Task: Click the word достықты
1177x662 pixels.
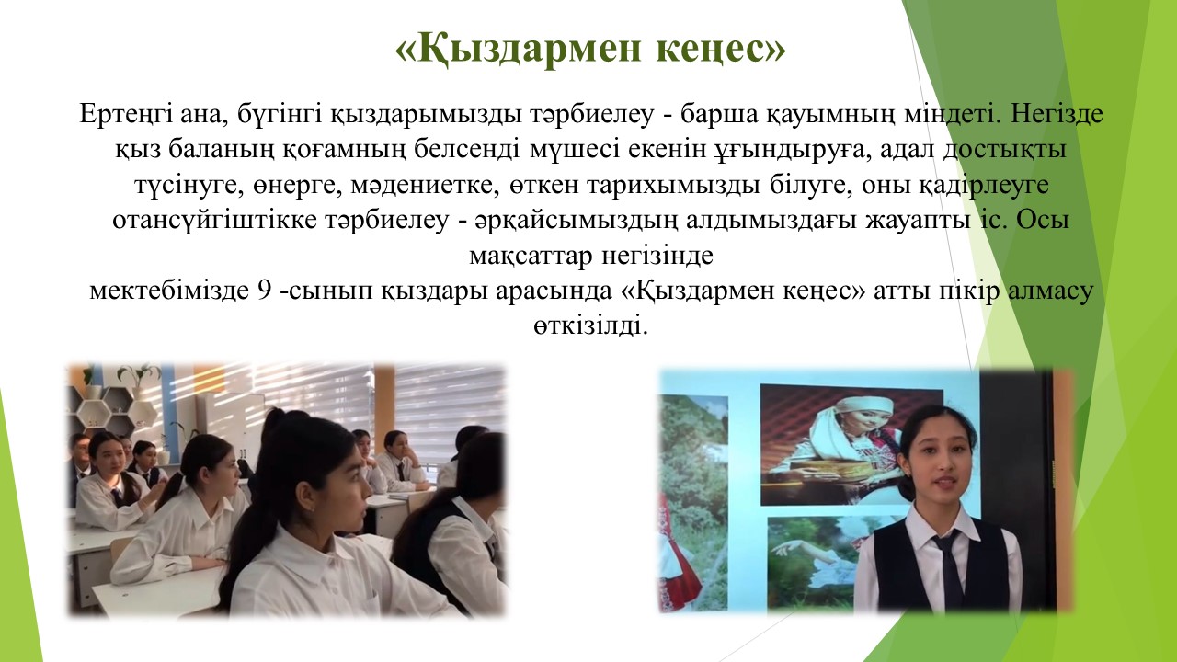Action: pos(1005,150)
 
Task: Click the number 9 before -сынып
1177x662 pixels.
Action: pos(264,291)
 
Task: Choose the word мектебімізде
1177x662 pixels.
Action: pos(169,291)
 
